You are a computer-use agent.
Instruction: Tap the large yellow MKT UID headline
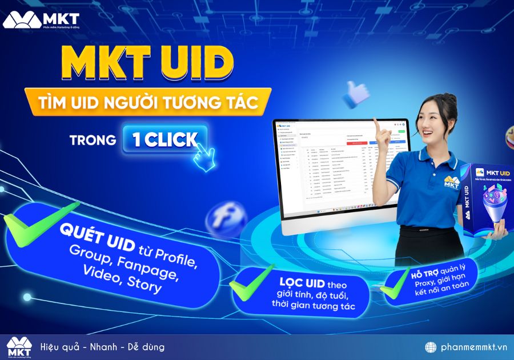[147, 62]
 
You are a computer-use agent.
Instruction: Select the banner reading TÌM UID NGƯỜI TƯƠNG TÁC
[147, 103]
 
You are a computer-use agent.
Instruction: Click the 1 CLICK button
[165, 139]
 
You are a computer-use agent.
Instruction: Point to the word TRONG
[93, 140]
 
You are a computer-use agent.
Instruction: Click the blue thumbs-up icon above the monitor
[358, 93]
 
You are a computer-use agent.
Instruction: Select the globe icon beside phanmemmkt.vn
[431, 347]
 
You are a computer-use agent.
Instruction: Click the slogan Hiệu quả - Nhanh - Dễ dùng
[102, 347]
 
